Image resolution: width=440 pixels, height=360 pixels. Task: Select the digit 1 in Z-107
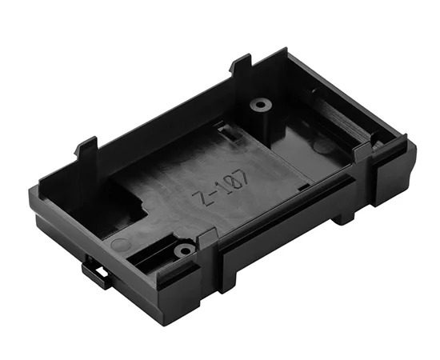[x=222, y=186]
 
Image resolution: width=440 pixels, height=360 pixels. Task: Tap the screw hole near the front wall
[x=185, y=250]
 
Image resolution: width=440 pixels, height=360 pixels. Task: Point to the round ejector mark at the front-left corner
[x=118, y=244]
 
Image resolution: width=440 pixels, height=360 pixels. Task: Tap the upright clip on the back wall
[x=240, y=68]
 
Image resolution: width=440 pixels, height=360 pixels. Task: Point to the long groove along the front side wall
[x=288, y=212]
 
